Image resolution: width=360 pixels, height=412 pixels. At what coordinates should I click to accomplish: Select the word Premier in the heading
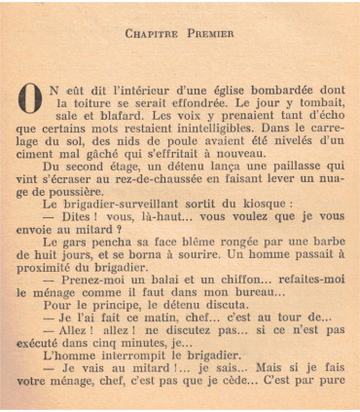pyautogui.click(x=209, y=33)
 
